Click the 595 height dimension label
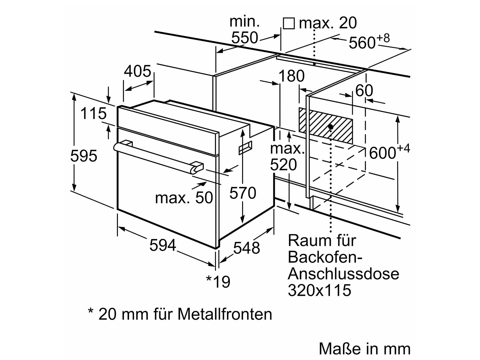[x=84, y=156]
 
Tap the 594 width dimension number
[x=163, y=246]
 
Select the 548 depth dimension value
[x=247, y=248]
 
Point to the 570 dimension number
[x=243, y=193]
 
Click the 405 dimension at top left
[x=138, y=71]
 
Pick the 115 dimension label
[x=93, y=114]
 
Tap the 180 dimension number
[x=292, y=76]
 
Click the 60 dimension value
[x=364, y=90]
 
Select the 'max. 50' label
[x=184, y=198]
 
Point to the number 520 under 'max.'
[x=283, y=165]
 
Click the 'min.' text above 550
[x=244, y=22]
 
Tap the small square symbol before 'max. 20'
[x=289, y=23]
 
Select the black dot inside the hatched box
[x=331, y=127]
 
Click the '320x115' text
[x=319, y=290]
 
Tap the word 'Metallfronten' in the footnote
[x=225, y=314]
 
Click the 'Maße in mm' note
[x=364, y=349]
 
